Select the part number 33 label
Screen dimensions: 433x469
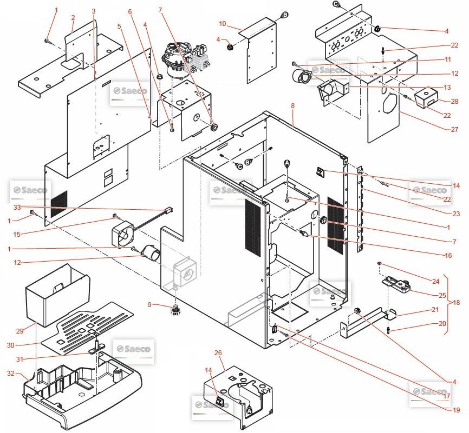[17, 207]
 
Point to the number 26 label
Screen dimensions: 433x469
[218, 353]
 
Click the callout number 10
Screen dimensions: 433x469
[222, 24]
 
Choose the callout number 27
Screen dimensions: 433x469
[455, 130]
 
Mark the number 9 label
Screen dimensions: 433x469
[149, 305]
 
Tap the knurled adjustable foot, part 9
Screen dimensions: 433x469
[175, 310]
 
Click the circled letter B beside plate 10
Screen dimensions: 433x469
[285, 15]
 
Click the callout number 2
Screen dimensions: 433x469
[73, 18]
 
